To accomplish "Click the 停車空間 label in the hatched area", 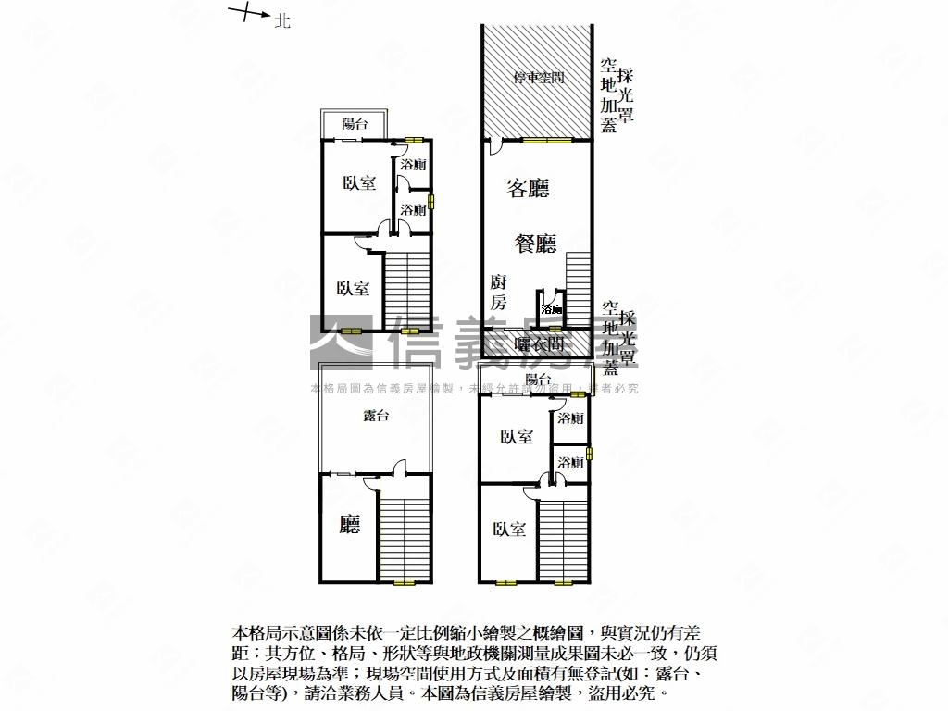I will [x=539, y=78].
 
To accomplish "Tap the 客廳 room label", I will [x=528, y=189].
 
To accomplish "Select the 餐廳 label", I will [x=535, y=243].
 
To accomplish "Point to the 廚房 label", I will [x=498, y=292].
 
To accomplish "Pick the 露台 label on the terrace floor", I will [x=376, y=416].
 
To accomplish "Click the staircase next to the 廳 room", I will [x=405, y=538].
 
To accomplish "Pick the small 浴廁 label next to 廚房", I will [x=552, y=308].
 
